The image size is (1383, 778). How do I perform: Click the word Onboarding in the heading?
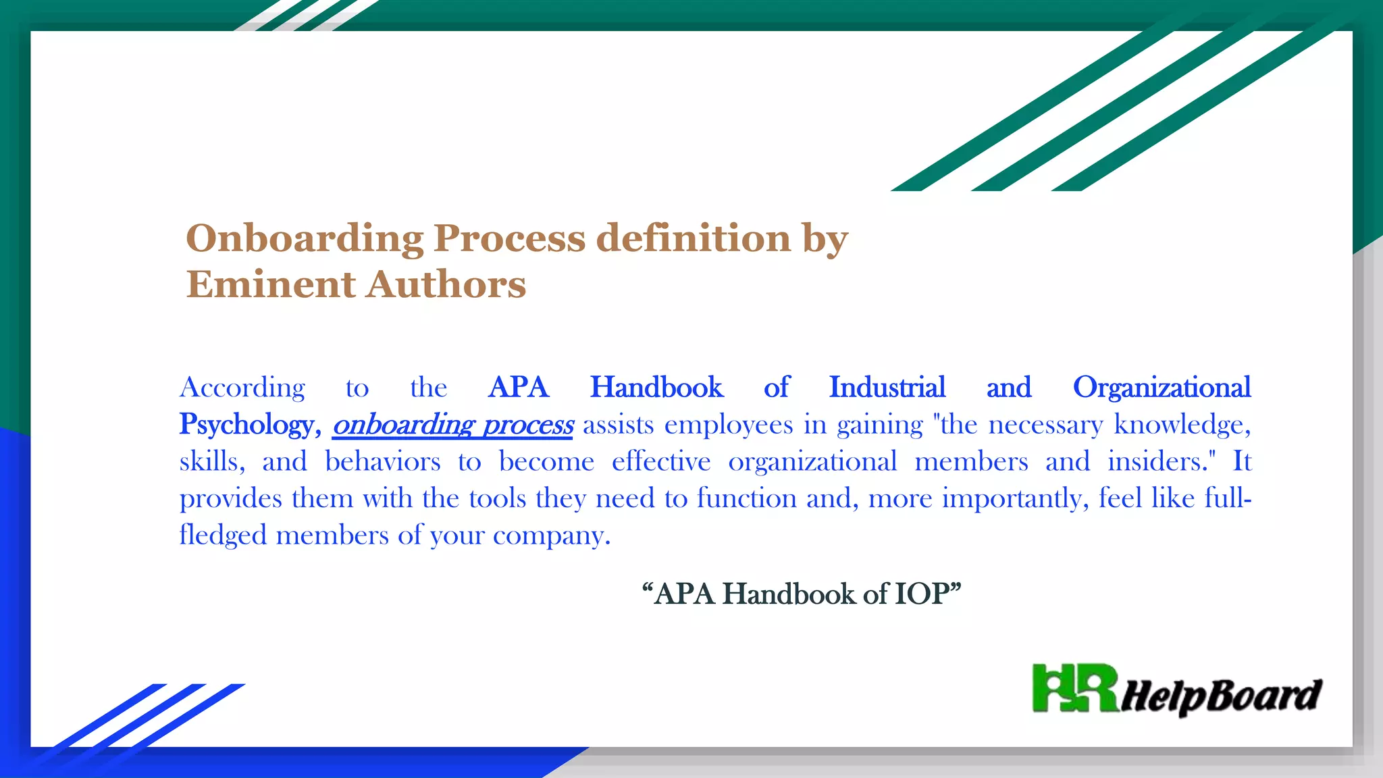tap(305, 239)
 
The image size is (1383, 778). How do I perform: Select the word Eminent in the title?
tap(270, 284)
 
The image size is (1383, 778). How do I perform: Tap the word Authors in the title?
tap(446, 284)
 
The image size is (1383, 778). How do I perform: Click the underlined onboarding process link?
tap(452, 425)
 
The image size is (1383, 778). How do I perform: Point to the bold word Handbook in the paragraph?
tap(656, 388)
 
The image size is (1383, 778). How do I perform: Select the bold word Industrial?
tap(887, 388)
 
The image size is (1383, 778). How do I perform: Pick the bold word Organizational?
tap(1162, 388)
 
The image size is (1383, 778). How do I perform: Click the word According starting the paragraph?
tap(242, 388)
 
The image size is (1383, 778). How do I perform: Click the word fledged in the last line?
tap(224, 535)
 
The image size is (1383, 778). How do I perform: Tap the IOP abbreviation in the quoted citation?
tap(922, 594)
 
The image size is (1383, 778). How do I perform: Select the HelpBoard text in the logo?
tap(1221, 696)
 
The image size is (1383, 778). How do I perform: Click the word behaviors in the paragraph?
tap(383, 462)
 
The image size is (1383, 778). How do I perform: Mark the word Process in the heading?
tap(509, 239)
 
